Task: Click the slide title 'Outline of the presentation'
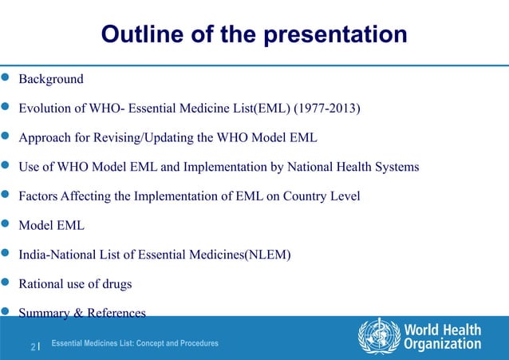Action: [x=254, y=35]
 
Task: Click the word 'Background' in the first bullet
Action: [x=51, y=80]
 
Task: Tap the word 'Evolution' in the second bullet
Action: [x=46, y=109]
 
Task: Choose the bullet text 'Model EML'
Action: [x=52, y=226]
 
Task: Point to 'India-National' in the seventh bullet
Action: [x=57, y=255]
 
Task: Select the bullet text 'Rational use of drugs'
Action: [x=76, y=284]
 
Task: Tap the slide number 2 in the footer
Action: [x=34, y=346]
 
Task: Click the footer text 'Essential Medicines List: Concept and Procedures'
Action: [x=134, y=343]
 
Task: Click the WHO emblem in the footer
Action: [x=379, y=336]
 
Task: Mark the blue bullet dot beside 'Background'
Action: [x=6, y=79]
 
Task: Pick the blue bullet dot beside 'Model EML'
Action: [x=6, y=225]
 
